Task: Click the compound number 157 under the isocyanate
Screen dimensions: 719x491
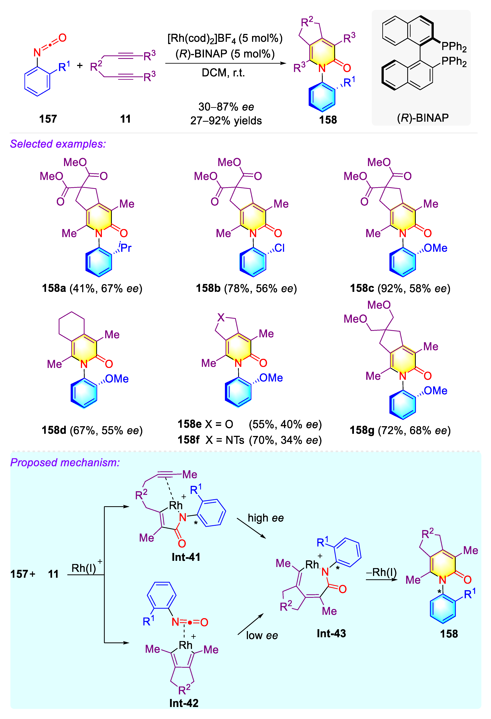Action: pos(48,119)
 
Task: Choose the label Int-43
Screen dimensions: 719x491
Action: pos(331,633)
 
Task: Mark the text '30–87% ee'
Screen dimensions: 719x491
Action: pos(226,107)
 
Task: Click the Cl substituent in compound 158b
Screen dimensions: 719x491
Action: pos(279,248)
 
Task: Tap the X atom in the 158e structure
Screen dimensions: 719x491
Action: pos(221,317)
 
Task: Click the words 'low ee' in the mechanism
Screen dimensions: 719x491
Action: pos(262,635)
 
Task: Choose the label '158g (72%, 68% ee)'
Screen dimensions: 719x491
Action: pos(400,430)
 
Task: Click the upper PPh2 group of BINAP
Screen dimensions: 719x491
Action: pos(454,46)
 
